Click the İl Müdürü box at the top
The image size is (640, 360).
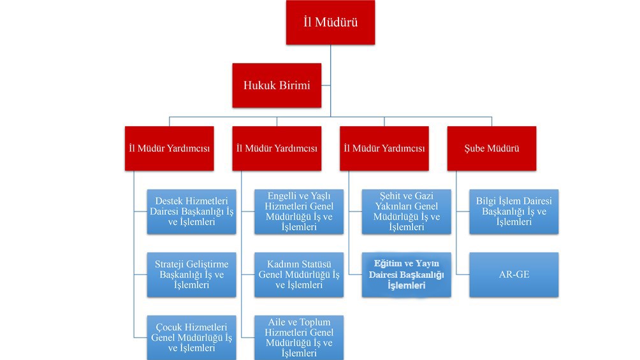pyautogui.click(x=330, y=22)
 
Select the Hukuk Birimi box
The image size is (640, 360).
pyautogui.click(x=277, y=84)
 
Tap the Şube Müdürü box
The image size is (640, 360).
pyautogui.click(x=491, y=148)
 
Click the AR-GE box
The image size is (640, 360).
pyautogui.click(x=514, y=275)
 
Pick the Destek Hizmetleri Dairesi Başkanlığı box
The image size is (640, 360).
pyautogui.click(x=191, y=212)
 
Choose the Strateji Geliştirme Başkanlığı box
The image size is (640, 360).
pyautogui.click(x=191, y=275)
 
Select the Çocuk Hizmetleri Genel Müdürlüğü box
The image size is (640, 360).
pyautogui.click(x=191, y=336)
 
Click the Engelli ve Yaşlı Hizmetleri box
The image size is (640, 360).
pyautogui.click(x=298, y=212)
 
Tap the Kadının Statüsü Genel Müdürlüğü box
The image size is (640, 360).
pyautogui.click(x=298, y=275)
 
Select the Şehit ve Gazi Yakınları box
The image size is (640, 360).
pyautogui.click(x=406, y=212)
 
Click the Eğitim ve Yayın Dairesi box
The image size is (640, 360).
pyautogui.click(x=406, y=275)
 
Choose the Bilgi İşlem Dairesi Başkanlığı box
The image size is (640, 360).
pyautogui.click(x=514, y=212)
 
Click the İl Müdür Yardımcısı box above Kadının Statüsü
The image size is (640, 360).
pyautogui.click(x=277, y=148)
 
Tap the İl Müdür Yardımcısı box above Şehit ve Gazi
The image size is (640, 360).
pyautogui.click(x=384, y=148)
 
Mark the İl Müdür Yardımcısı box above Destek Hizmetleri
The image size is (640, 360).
pyautogui.click(x=170, y=148)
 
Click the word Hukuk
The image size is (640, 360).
pyautogui.click(x=259, y=84)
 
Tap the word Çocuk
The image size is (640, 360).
pyautogui.click(x=169, y=326)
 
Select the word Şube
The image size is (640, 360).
pyautogui.click(x=476, y=148)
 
